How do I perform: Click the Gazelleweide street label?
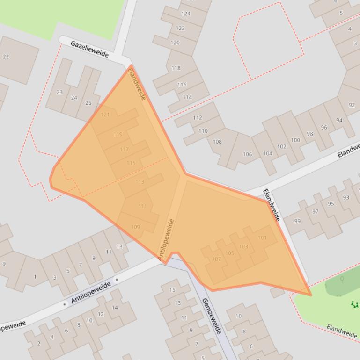pyautogui.click(x=89, y=49)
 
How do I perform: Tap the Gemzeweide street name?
pyautogui.click(x=211, y=316)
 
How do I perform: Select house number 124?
pyautogui.click(x=186, y=13)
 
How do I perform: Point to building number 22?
pyautogui.click(x=6, y=57)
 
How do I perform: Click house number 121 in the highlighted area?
pyautogui.click(x=105, y=115)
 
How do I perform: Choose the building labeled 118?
pyautogui.click(x=176, y=68)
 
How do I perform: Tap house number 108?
pyautogui.click(x=217, y=141)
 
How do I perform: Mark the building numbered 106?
pyautogui.click(x=247, y=154)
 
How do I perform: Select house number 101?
pyautogui.click(x=262, y=238)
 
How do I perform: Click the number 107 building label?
pyautogui.click(x=216, y=259)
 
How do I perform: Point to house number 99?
pyautogui.click(x=298, y=221)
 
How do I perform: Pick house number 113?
pyautogui.click(x=140, y=182)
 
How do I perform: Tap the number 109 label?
pyautogui.click(x=135, y=227)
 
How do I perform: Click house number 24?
pyautogui.click(x=74, y=98)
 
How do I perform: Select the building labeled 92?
pyautogui.click(x=352, y=105)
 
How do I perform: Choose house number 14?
pyautogui.click(x=115, y=307)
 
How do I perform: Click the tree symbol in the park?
pyautogui.click(x=342, y=280)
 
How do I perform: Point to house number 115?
pyautogui.click(x=131, y=163)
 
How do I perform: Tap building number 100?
pyautogui.click(x=295, y=140)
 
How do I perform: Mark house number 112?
pyautogui.click(x=198, y=118)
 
